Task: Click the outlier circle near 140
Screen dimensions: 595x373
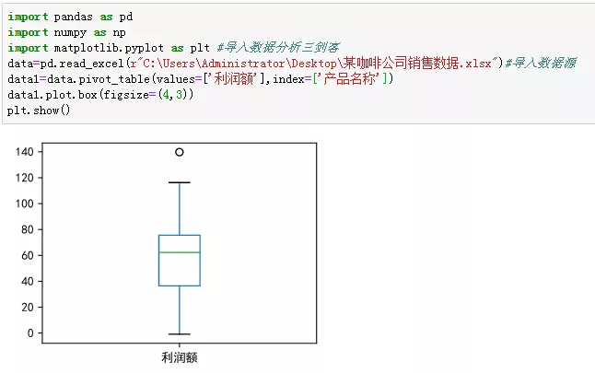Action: point(179,152)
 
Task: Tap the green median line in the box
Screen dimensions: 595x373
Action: point(179,252)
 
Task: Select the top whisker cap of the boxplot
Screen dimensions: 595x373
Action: point(179,182)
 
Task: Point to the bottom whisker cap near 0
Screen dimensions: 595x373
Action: point(179,333)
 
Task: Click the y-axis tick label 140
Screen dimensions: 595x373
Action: point(25,152)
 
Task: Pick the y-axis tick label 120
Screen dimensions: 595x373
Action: point(25,178)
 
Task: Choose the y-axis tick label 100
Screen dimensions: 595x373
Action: point(25,204)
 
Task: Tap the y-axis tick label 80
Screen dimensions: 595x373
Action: point(28,229)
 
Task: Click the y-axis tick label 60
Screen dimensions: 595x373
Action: point(28,255)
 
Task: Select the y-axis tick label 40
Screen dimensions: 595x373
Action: point(28,281)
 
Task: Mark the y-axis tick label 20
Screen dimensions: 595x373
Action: point(28,307)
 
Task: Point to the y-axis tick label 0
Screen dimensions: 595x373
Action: point(31,332)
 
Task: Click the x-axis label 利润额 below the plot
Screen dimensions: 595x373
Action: point(179,356)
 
